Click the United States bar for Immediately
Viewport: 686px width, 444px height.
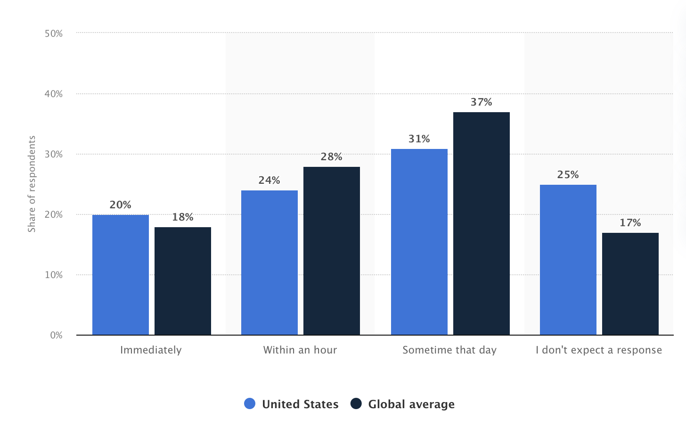point(121,275)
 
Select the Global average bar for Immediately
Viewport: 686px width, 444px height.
point(183,281)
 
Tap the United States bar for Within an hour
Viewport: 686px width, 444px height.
point(269,263)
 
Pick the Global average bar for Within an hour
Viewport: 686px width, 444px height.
point(332,251)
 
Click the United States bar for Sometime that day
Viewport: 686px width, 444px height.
point(419,242)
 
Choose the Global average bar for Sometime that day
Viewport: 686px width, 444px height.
point(482,223)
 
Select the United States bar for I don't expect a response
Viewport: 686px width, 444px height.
point(568,260)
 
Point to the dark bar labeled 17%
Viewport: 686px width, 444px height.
point(630,284)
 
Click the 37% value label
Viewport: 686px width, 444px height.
point(482,102)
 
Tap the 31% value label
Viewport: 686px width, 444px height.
point(419,139)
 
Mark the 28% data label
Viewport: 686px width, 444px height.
point(332,157)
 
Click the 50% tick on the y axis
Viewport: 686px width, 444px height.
point(54,33)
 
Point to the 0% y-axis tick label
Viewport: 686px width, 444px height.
point(56,335)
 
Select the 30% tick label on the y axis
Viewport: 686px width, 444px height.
point(54,154)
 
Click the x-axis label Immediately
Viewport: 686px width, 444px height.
point(151,350)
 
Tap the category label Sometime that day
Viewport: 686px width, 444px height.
point(449,350)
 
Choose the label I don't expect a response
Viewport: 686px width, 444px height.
point(599,350)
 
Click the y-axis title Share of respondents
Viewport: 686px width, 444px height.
point(32,184)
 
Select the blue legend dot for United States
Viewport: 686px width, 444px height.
point(250,404)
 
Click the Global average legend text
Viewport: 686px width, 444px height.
point(411,404)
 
